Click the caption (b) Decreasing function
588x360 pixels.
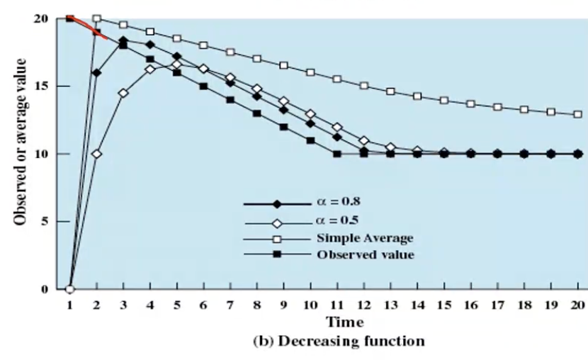339,341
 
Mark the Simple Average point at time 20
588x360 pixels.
578,114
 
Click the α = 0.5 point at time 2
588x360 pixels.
96,154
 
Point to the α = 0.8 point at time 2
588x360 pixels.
96,72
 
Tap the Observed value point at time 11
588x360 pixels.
337,154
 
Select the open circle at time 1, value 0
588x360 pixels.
70,289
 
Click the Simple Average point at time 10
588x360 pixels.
310,72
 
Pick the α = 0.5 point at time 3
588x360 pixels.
123,93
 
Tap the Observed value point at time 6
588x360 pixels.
203,86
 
